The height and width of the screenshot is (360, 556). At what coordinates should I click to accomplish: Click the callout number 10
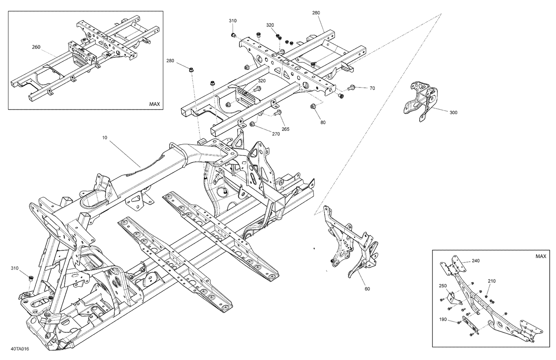click(105, 138)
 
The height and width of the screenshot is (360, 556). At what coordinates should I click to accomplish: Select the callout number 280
click(170, 61)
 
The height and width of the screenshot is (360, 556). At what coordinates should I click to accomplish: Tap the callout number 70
click(372, 88)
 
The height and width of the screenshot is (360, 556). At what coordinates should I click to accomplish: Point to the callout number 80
click(323, 122)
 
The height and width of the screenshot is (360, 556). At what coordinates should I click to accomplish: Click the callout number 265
click(285, 129)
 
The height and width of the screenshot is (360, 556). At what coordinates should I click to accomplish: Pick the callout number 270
click(276, 134)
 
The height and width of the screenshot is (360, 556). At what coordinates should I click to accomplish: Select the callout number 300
click(453, 112)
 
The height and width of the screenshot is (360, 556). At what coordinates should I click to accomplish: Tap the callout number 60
click(367, 289)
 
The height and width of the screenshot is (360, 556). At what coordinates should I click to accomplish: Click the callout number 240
click(476, 261)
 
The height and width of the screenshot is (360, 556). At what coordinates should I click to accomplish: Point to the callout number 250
click(443, 286)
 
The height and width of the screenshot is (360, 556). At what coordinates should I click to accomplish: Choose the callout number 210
click(492, 281)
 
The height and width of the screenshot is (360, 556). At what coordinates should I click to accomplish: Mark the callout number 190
click(443, 319)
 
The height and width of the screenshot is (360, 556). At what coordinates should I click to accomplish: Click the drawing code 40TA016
click(20, 349)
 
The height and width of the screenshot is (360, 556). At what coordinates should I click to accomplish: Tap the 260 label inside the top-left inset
click(36, 47)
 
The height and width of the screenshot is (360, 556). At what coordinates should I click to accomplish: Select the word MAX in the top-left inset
click(155, 104)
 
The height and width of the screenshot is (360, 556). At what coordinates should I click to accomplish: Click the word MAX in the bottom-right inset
click(541, 256)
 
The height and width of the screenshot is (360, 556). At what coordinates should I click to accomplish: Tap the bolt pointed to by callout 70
click(351, 88)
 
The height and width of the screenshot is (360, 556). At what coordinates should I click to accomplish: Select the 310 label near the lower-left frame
click(14, 268)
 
